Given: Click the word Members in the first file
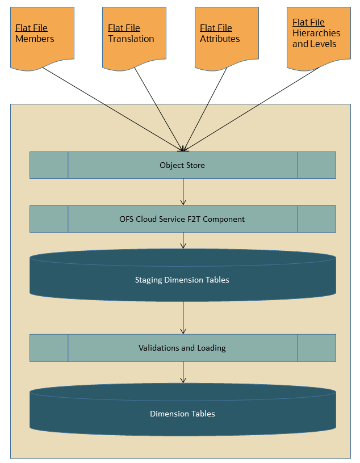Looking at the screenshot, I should click(x=35, y=39).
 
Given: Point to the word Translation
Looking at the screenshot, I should click(x=131, y=39).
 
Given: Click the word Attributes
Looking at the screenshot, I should click(x=220, y=39).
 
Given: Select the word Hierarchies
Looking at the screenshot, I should click(x=316, y=33).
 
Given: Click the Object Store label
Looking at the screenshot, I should click(x=182, y=165).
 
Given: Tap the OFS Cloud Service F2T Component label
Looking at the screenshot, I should click(x=182, y=219).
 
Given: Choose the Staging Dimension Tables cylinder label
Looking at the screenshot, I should click(x=182, y=280).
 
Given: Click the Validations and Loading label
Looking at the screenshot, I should click(x=182, y=348).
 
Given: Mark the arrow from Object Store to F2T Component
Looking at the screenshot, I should click(x=183, y=192).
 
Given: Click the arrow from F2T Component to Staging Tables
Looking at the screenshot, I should click(x=183, y=241).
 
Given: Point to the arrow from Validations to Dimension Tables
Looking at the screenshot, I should click(x=183, y=372).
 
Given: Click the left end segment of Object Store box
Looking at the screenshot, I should click(x=49, y=165).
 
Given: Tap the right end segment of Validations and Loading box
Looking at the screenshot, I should click(x=316, y=348).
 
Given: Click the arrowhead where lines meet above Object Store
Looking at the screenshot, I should click(x=183, y=149).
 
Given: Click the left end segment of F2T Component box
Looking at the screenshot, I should click(x=49, y=219).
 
